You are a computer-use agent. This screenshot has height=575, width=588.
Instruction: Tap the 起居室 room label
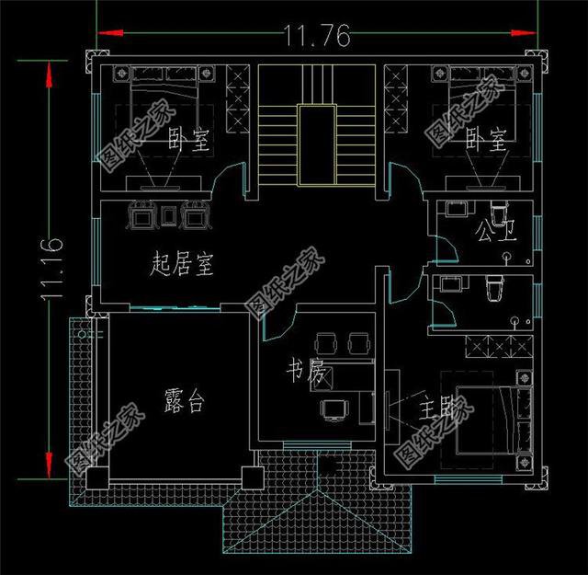coord(181,267)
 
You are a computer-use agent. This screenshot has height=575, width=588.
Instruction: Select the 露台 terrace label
coord(184,401)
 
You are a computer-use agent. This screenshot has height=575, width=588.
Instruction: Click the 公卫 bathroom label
coord(496,230)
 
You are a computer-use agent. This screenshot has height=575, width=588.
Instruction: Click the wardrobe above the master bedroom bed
coord(495,349)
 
